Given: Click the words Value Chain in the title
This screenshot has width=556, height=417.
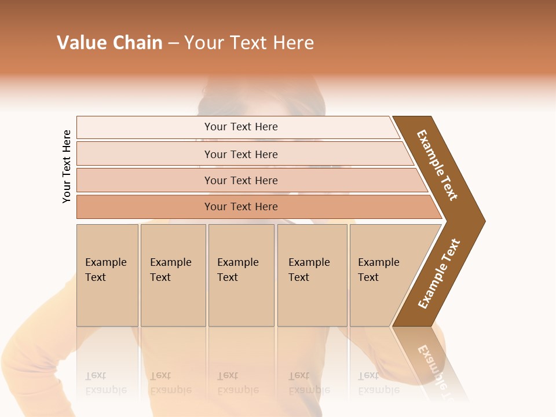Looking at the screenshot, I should [109, 43].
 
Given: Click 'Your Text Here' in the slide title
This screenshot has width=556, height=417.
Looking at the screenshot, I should [249, 43].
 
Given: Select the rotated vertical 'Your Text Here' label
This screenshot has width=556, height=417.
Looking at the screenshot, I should [67, 167].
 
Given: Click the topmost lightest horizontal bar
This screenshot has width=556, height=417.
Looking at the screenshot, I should [240, 127].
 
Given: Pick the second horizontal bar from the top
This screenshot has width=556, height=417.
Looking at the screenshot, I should [240, 154].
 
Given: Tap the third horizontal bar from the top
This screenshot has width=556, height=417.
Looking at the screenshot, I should [240, 180].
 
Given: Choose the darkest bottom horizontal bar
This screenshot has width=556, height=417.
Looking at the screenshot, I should [240, 207].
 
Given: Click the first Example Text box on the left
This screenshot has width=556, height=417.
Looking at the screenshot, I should [107, 275].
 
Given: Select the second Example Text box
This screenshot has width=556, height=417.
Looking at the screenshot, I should [173, 275].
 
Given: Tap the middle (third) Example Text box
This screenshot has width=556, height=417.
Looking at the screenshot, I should [241, 275].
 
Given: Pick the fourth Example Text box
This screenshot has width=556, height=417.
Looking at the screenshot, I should [312, 275].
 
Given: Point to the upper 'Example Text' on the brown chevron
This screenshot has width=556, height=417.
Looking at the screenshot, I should [437, 165].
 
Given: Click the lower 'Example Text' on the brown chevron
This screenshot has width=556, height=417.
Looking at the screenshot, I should [439, 273].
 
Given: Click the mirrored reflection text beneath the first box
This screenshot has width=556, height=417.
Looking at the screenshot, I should [105, 383].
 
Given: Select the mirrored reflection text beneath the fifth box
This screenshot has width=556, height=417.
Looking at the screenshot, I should [378, 383].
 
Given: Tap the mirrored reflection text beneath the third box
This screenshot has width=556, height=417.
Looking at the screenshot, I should [237, 383].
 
